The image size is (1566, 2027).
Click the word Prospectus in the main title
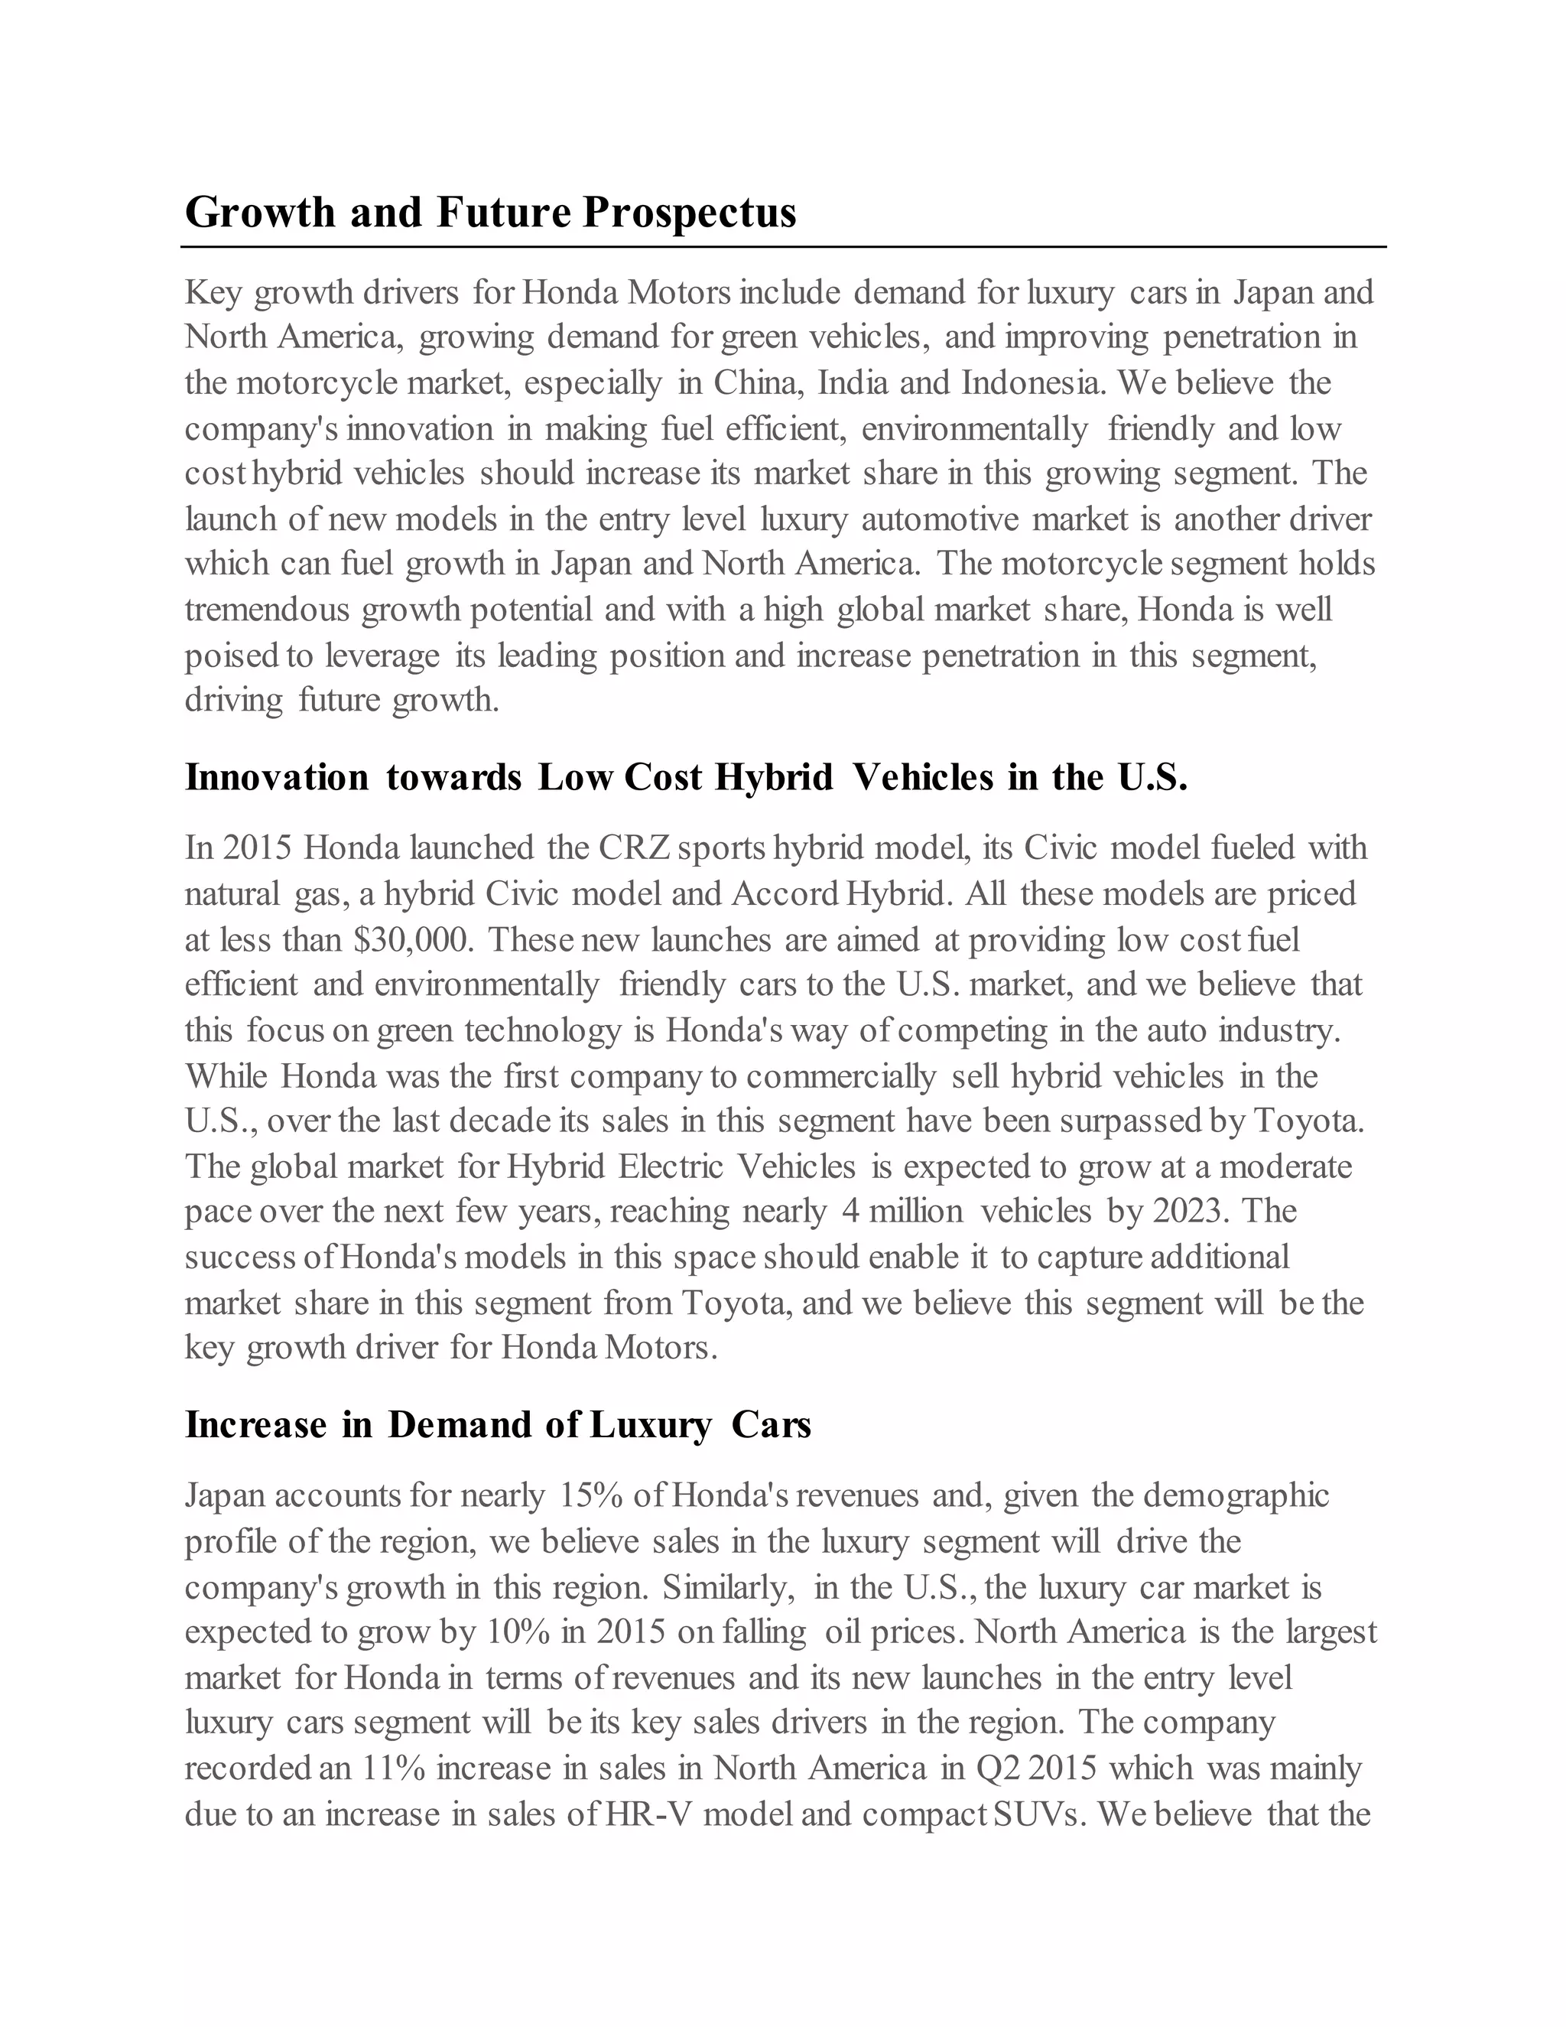689,213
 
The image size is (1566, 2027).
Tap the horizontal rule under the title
782,247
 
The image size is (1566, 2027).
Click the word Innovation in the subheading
277,778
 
